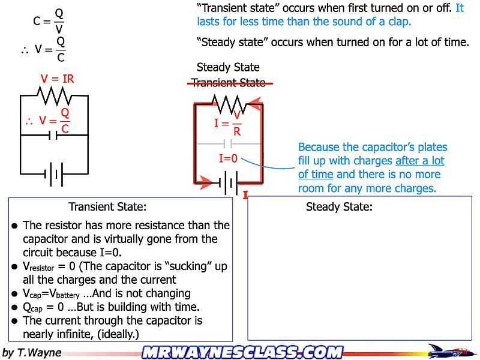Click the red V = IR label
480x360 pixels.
[58, 79]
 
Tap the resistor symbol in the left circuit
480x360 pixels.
[55, 95]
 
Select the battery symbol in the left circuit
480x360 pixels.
[54, 175]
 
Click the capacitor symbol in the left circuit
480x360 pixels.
[54, 136]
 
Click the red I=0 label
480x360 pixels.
[227, 159]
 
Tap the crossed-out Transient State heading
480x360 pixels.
[228, 83]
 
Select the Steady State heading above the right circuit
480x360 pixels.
[228, 67]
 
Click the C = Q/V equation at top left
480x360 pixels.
[49, 20]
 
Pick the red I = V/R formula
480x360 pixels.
[229, 123]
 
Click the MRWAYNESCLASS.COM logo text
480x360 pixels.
[242, 352]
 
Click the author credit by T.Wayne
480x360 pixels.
[32, 352]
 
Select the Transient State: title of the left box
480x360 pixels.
[107, 207]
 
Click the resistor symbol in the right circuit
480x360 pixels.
[227, 103]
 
